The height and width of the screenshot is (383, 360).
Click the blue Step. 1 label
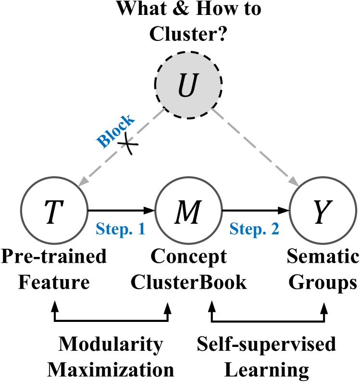pos(120,230)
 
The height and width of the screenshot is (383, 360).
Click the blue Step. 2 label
pos(254,230)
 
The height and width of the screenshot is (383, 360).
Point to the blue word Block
pos(116,131)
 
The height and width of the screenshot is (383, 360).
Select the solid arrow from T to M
pos(120,210)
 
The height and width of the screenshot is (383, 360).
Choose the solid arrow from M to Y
pos(255,210)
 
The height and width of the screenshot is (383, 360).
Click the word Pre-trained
pos(53,257)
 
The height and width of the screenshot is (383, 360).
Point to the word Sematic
pos(323,257)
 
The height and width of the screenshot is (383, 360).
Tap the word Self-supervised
pos(267,345)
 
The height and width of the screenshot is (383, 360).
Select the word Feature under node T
pos(54,282)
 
